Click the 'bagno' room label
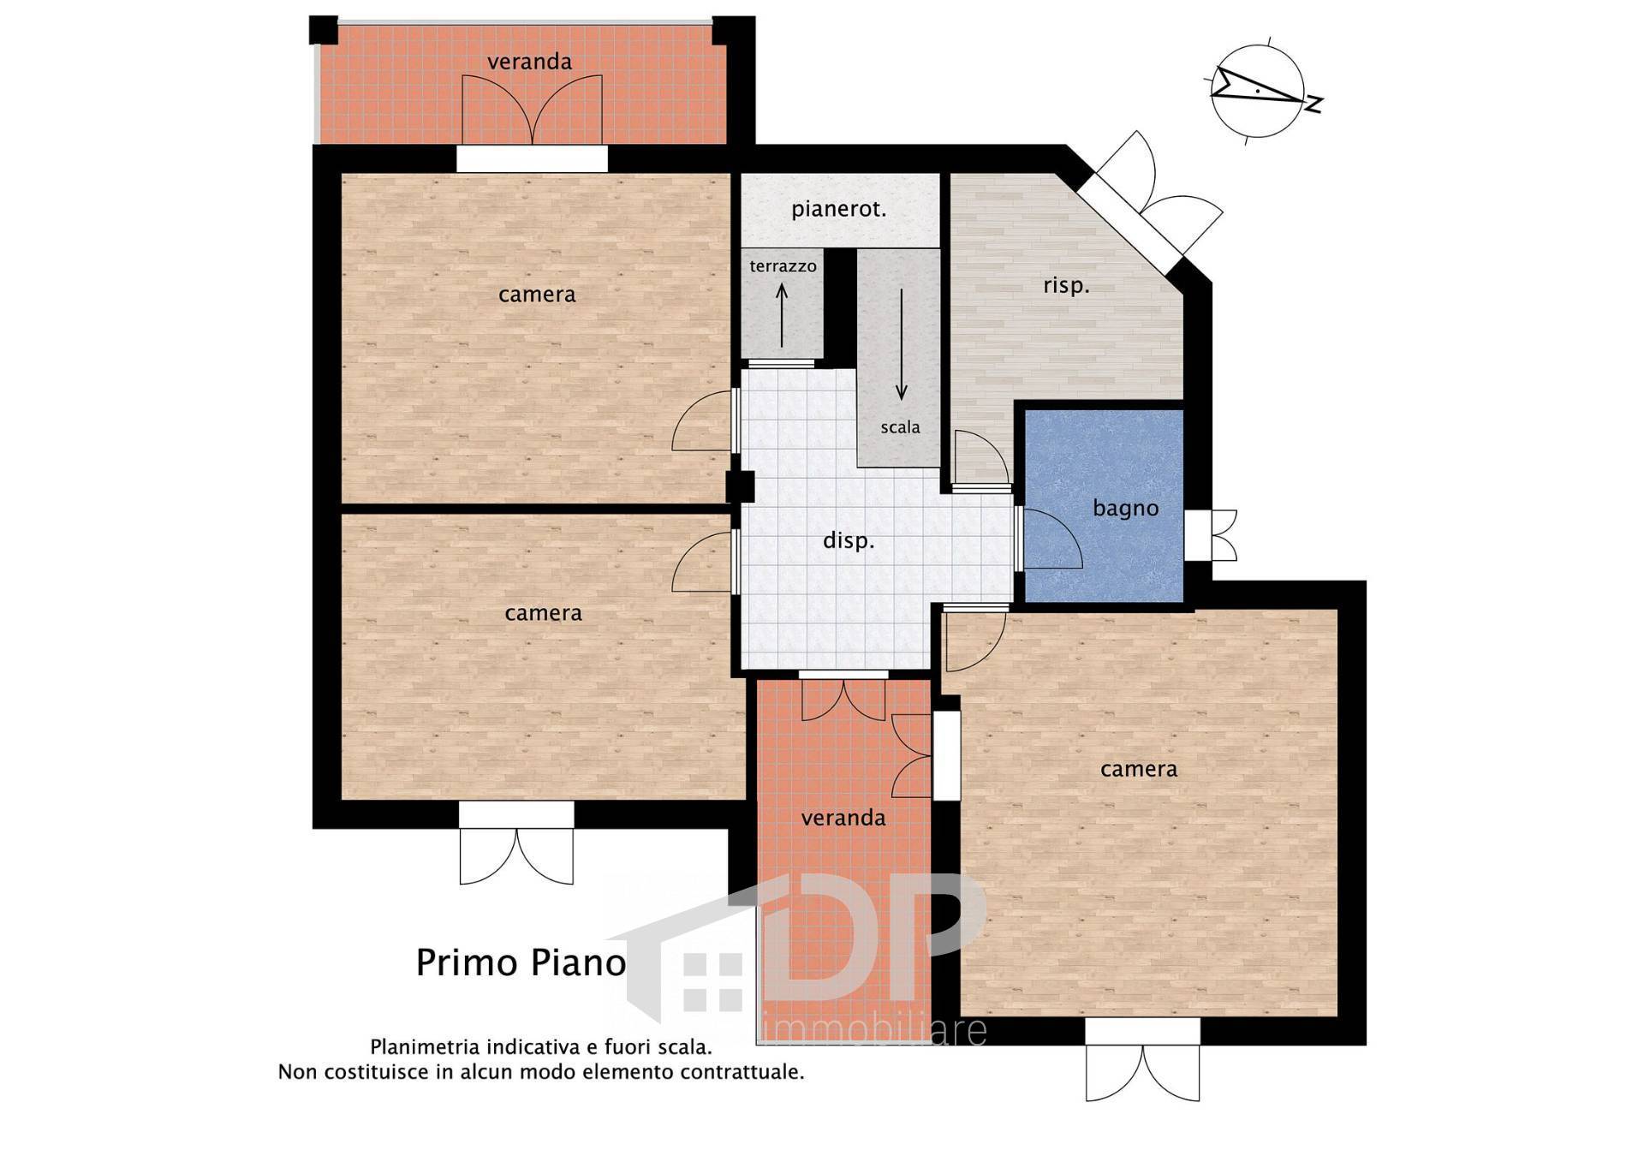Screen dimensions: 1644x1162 tap(1125, 508)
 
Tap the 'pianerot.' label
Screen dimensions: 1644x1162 tap(838, 209)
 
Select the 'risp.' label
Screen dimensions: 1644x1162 tap(1066, 285)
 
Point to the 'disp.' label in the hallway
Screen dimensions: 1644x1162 tap(849, 540)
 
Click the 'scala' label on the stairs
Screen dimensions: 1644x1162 tap(900, 426)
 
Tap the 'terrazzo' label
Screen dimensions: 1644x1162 tap(783, 265)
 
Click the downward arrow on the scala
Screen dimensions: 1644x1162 tap(901, 344)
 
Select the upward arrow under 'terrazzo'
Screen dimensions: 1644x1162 tap(782, 315)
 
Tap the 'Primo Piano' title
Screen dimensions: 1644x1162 tap(521, 962)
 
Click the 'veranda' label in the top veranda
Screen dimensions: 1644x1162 tap(529, 62)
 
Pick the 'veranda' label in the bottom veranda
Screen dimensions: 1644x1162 tap(843, 818)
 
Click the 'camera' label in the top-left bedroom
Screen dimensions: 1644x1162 tap(537, 295)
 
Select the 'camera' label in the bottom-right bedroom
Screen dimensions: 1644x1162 tap(1138, 769)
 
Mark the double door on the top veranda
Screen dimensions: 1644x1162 tap(532, 109)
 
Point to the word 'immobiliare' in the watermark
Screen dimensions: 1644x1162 tap(873, 1030)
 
